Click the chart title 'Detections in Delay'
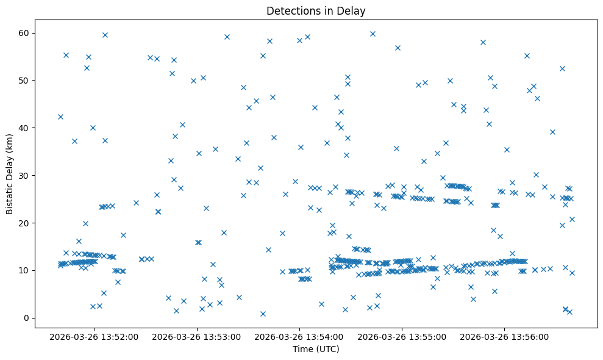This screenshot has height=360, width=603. (316, 10)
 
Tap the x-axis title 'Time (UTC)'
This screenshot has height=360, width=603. (316, 349)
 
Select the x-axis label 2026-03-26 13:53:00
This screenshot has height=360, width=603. (198, 336)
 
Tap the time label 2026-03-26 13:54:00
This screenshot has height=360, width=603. (300, 336)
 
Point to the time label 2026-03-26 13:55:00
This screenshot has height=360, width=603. (402, 336)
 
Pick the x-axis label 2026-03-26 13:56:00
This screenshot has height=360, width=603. (505, 336)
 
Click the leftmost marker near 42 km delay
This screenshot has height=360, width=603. (60, 117)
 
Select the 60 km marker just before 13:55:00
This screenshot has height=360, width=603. (373, 34)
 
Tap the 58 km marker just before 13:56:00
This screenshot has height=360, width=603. (483, 42)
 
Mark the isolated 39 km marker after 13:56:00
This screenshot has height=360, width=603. (552, 132)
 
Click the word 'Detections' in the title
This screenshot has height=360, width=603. (290, 10)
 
